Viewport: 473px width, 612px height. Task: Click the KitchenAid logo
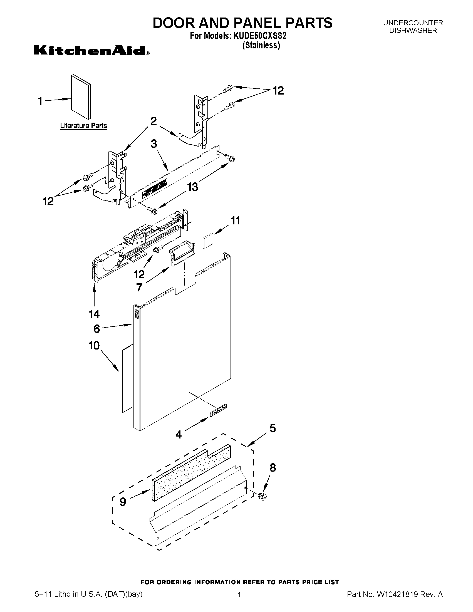(x=91, y=51)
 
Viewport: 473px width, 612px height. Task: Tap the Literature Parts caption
(x=83, y=126)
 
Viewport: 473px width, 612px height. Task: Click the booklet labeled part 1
(x=81, y=97)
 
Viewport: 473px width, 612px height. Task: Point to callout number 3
(x=154, y=144)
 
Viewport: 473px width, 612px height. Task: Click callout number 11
(x=235, y=221)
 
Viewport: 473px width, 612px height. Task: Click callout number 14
(x=94, y=314)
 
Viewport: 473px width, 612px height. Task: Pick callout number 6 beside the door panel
(x=97, y=329)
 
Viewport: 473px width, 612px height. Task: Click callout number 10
(x=94, y=346)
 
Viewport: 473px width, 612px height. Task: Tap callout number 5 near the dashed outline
(x=272, y=428)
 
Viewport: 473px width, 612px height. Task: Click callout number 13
(x=192, y=187)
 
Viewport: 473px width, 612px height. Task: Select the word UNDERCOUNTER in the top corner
(x=413, y=23)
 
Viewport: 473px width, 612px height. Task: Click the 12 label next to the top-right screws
(x=278, y=91)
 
